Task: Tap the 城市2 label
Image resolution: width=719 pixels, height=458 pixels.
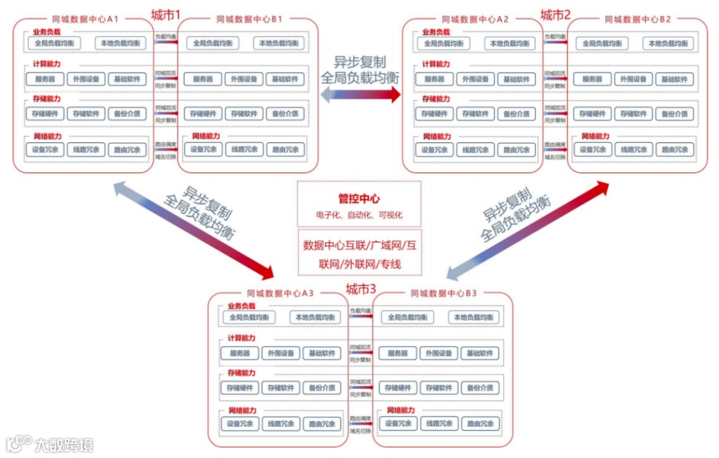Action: click(x=555, y=15)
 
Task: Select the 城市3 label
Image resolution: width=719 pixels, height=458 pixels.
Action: click(x=360, y=289)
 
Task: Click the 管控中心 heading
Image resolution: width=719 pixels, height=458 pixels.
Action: click(x=359, y=198)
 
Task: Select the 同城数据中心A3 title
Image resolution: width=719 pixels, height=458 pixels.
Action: click(x=280, y=293)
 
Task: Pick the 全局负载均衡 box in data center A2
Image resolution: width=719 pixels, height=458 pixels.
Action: click(x=444, y=43)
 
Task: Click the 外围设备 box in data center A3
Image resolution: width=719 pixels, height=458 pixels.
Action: click(x=281, y=353)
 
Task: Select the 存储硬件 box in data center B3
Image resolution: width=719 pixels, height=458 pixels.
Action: click(x=397, y=388)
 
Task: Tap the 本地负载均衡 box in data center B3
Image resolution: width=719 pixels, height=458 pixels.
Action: click(x=473, y=318)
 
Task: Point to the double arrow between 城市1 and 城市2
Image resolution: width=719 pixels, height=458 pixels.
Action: click(x=360, y=95)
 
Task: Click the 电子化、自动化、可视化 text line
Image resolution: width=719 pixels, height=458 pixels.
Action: click(x=359, y=216)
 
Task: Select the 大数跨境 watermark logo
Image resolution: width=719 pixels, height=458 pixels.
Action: click(x=50, y=444)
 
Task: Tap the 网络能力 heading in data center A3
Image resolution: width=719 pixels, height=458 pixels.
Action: click(x=242, y=410)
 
